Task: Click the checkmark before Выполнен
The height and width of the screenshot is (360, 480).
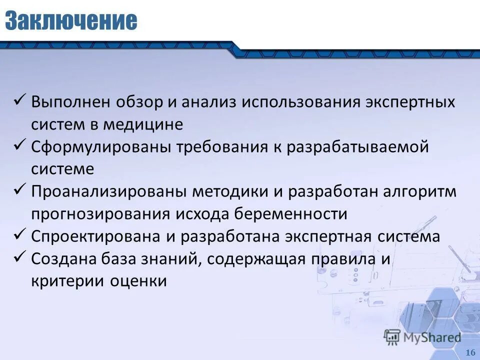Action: [20, 101]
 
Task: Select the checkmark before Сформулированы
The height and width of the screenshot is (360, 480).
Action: [20, 146]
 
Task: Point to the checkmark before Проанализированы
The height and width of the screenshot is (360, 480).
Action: [20, 190]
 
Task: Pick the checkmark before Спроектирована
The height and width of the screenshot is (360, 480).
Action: [20, 235]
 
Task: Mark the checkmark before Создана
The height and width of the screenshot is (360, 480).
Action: [20, 257]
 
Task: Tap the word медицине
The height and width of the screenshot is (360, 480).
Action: [143, 124]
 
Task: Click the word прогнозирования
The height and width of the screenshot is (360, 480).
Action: [100, 214]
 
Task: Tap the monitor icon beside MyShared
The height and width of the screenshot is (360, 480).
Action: [392, 337]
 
